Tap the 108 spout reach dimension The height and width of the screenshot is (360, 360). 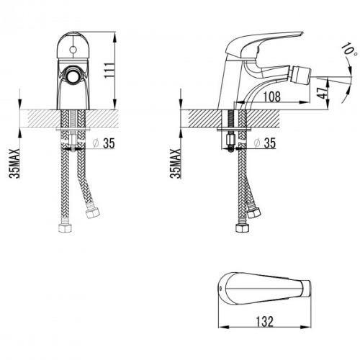[x=272, y=96]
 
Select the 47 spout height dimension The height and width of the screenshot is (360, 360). [x=322, y=92]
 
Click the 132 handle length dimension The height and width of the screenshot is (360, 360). [x=264, y=321]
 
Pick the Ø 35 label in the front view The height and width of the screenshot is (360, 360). [x=104, y=143]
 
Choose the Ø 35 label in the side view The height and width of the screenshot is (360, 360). [x=265, y=143]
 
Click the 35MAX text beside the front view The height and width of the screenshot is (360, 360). [x=14, y=163]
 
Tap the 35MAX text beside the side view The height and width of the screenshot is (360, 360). [x=175, y=163]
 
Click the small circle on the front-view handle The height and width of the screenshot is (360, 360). [x=73, y=50]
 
